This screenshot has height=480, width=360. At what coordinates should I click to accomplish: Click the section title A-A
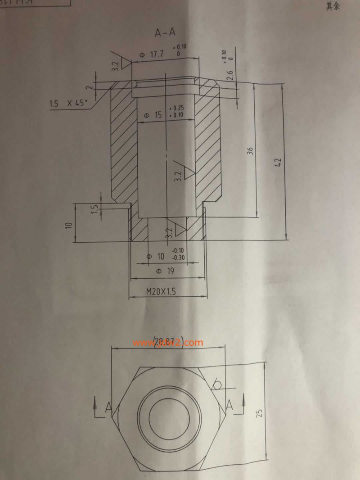click(x=165, y=32)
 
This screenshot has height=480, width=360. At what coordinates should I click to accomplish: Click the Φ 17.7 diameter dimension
click(x=152, y=54)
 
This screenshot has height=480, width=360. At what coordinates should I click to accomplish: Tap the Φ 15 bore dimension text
click(x=153, y=115)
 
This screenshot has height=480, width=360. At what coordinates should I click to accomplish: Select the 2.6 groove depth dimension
click(x=230, y=75)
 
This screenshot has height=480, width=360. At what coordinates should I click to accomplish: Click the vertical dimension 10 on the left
click(x=69, y=225)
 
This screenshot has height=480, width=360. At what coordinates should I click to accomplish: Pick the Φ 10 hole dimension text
click(x=156, y=256)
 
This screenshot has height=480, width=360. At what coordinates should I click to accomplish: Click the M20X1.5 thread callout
click(x=161, y=291)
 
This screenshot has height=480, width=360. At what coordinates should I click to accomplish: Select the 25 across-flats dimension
click(x=260, y=413)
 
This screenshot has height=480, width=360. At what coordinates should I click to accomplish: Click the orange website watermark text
click(x=168, y=342)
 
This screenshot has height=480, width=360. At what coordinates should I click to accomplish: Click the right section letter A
click(x=229, y=403)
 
